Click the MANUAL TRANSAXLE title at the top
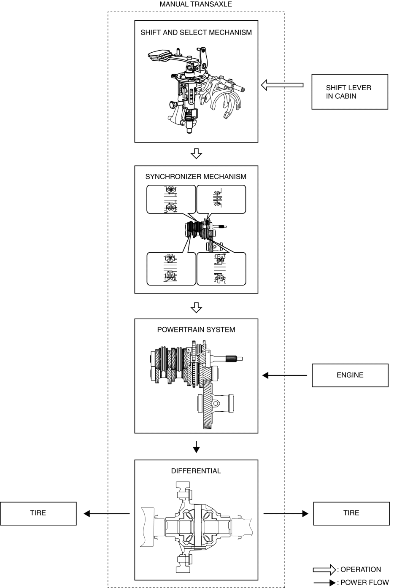196,4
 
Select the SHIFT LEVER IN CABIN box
349,92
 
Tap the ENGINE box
350,375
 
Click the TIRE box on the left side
38,513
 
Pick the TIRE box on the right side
351,513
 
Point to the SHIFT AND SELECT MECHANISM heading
196,32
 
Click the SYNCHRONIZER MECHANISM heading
196,177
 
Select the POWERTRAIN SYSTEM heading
196,330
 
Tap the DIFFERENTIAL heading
196,471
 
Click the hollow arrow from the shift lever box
282,85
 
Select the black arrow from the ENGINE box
284,375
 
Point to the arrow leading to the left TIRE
106,513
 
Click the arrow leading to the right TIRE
286,513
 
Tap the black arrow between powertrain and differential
196,446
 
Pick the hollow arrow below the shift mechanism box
196,154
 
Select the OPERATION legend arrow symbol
324,570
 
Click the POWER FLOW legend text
364,583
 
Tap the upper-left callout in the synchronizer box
171,199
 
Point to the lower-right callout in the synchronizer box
221,269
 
